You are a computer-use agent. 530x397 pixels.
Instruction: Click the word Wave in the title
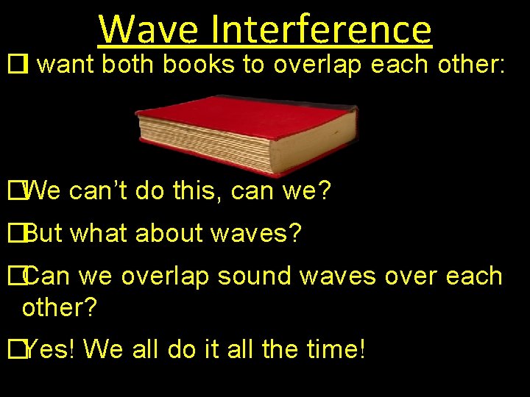(x=147, y=29)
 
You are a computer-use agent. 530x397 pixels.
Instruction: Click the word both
(x=130, y=65)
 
